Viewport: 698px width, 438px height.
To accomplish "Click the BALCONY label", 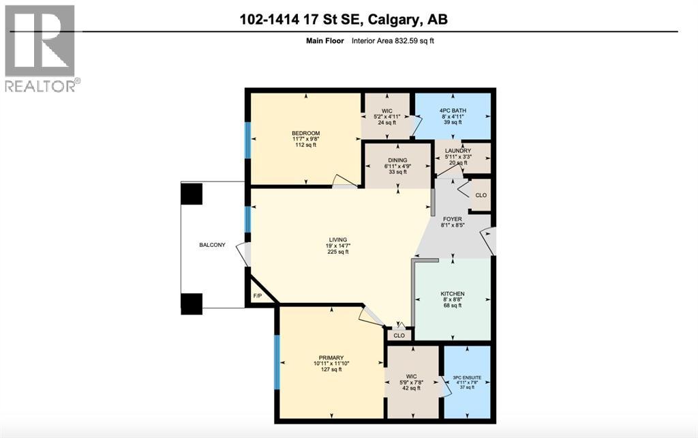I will click(x=212, y=245).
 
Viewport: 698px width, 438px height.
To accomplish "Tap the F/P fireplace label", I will click(x=258, y=296).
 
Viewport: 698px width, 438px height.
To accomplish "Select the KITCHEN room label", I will click(x=452, y=294).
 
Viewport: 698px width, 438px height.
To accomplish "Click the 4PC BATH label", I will click(x=453, y=110).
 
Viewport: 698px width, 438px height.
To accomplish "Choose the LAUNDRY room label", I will click(x=458, y=151).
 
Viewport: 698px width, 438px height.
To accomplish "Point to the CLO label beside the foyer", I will click(x=480, y=194).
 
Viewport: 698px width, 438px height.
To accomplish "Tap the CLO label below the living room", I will click(x=399, y=335).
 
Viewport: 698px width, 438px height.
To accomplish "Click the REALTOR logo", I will click(x=40, y=48).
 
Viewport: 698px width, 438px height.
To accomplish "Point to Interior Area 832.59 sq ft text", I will click(x=393, y=41).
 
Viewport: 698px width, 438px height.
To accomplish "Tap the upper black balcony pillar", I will click(x=191, y=194).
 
